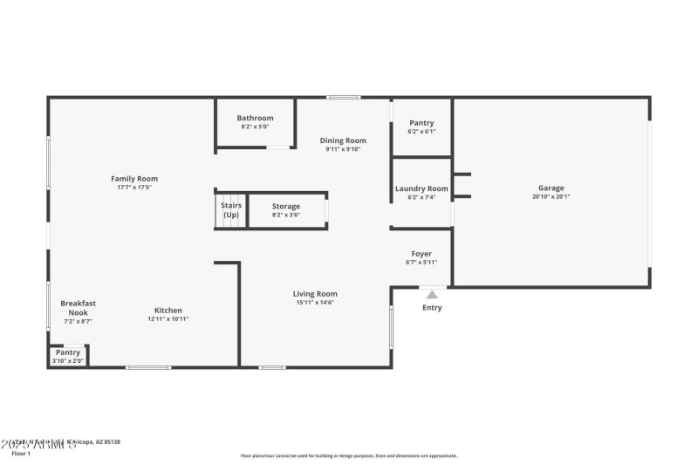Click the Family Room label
click(133, 179)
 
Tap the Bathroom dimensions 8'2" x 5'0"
click(255, 127)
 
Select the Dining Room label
click(343, 140)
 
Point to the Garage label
click(551, 188)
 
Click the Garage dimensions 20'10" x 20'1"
click(551, 197)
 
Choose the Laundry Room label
click(421, 188)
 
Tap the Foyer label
click(421, 254)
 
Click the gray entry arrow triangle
click(432, 295)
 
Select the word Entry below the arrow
click(432, 308)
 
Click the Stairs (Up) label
click(231, 210)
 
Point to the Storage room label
click(285, 207)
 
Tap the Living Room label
click(315, 294)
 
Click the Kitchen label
click(168, 311)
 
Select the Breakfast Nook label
click(78, 307)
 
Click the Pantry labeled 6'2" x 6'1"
click(421, 123)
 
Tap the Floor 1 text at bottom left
click(20, 454)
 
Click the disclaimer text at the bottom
click(348, 455)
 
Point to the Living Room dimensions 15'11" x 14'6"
click(315, 303)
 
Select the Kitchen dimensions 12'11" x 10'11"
click(168, 319)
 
